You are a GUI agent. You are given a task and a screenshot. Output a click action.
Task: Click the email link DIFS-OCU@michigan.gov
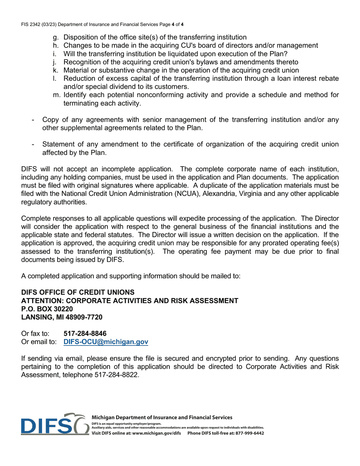click(106, 342)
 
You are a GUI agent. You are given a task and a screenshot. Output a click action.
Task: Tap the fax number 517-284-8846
click(85, 333)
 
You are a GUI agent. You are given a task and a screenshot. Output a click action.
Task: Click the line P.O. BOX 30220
click(47, 309)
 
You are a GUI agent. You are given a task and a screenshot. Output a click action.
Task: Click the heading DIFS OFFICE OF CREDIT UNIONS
click(78, 292)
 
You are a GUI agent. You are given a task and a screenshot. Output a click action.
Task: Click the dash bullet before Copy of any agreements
click(33, 120)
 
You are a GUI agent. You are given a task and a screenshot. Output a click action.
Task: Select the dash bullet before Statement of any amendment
click(33, 145)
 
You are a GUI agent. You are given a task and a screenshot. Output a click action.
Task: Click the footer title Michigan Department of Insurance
click(162, 417)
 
